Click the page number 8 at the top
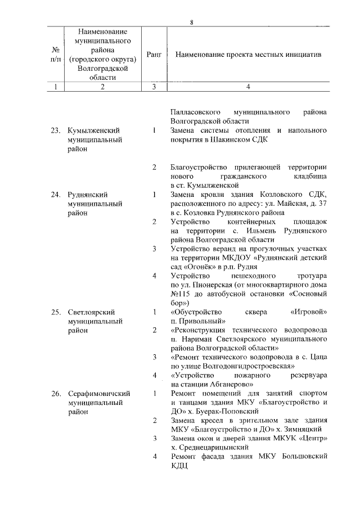point(192,22)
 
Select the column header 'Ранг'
point(154,55)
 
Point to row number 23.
point(55,130)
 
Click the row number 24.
point(55,195)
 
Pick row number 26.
point(55,393)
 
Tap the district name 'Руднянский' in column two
point(87,195)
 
